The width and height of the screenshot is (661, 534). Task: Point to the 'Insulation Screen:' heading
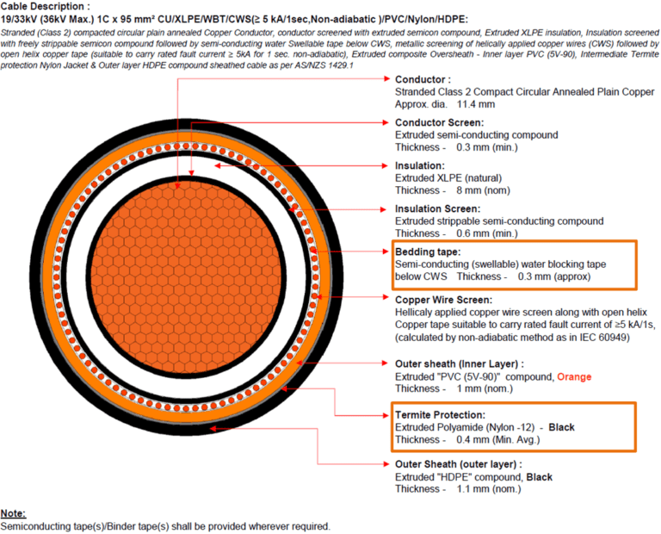pyautogui.click(x=437, y=208)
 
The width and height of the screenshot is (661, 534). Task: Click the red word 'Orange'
pyautogui.click(x=573, y=376)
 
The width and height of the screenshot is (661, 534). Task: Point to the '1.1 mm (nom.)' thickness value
pyautogui.click(x=487, y=489)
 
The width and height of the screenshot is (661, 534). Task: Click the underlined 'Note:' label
pyautogui.click(x=13, y=513)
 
